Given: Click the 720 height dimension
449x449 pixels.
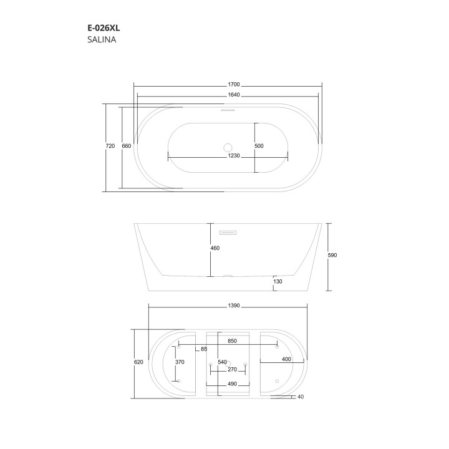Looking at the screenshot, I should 110,146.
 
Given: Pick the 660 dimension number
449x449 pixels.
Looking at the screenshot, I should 126,146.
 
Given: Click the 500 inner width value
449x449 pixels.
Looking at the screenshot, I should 259,146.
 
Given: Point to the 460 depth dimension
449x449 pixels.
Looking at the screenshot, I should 215,248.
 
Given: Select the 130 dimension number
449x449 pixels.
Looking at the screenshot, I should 278,282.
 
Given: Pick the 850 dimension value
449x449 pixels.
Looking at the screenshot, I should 232,342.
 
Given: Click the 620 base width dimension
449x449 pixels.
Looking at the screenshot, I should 138,362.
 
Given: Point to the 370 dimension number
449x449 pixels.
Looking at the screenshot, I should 180,362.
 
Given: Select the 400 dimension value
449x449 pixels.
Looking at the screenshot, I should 286,360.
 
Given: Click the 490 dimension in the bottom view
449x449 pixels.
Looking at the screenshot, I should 232,384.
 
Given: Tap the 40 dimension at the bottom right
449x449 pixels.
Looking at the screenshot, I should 301,397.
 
